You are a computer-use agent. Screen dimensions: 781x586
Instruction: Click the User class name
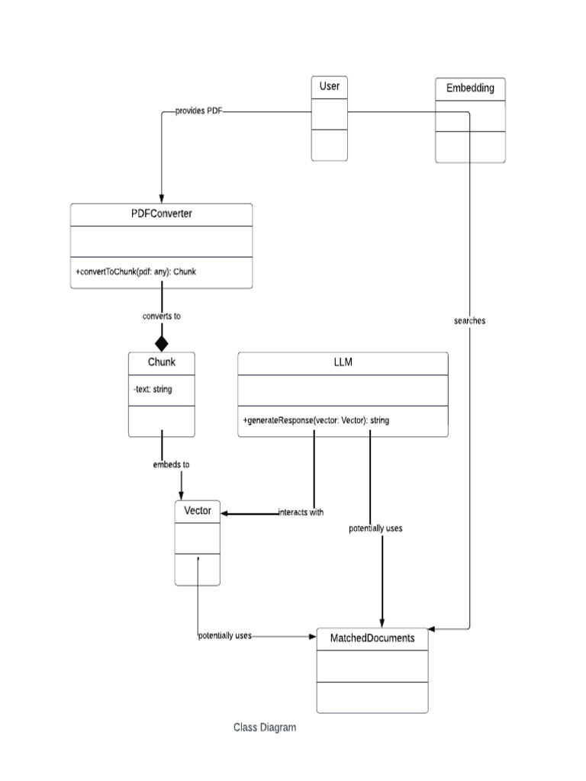click(x=330, y=86)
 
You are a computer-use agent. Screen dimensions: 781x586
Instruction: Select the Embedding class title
click(x=470, y=88)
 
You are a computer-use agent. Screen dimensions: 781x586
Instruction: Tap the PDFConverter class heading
click(x=161, y=214)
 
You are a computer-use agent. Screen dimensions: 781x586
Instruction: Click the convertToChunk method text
click(x=135, y=272)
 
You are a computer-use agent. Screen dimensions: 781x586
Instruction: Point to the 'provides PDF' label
click(x=198, y=111)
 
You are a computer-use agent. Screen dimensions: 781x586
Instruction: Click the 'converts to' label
click(x=162, y=316)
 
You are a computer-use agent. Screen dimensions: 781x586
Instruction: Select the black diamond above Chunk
click(x=162, y=343)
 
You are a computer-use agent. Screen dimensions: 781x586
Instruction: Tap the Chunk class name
click(x=162, y=362)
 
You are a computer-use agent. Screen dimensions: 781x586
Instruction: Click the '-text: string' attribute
click(x=153, y=389)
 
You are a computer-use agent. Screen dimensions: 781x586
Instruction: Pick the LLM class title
click(x=343, y=363)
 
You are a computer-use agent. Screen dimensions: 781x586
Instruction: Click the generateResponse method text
click(x=316, y=420)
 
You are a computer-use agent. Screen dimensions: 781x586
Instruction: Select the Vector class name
click(x=198, y=510)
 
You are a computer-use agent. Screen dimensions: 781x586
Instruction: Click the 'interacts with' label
click(x=301, y=513)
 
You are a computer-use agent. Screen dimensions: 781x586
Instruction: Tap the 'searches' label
click(x=469, y=321)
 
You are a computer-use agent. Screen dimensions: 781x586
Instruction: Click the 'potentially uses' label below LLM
click(x=375, y=528)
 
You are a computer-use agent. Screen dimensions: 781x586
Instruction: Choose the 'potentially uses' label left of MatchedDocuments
click(x=225, y=635)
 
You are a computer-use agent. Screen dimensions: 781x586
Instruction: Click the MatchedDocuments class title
click(x=372, y=638)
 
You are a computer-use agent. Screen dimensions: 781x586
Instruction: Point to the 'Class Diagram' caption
click(x=265, y=728)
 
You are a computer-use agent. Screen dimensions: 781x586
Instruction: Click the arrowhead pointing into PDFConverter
click(x=162, y=198)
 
